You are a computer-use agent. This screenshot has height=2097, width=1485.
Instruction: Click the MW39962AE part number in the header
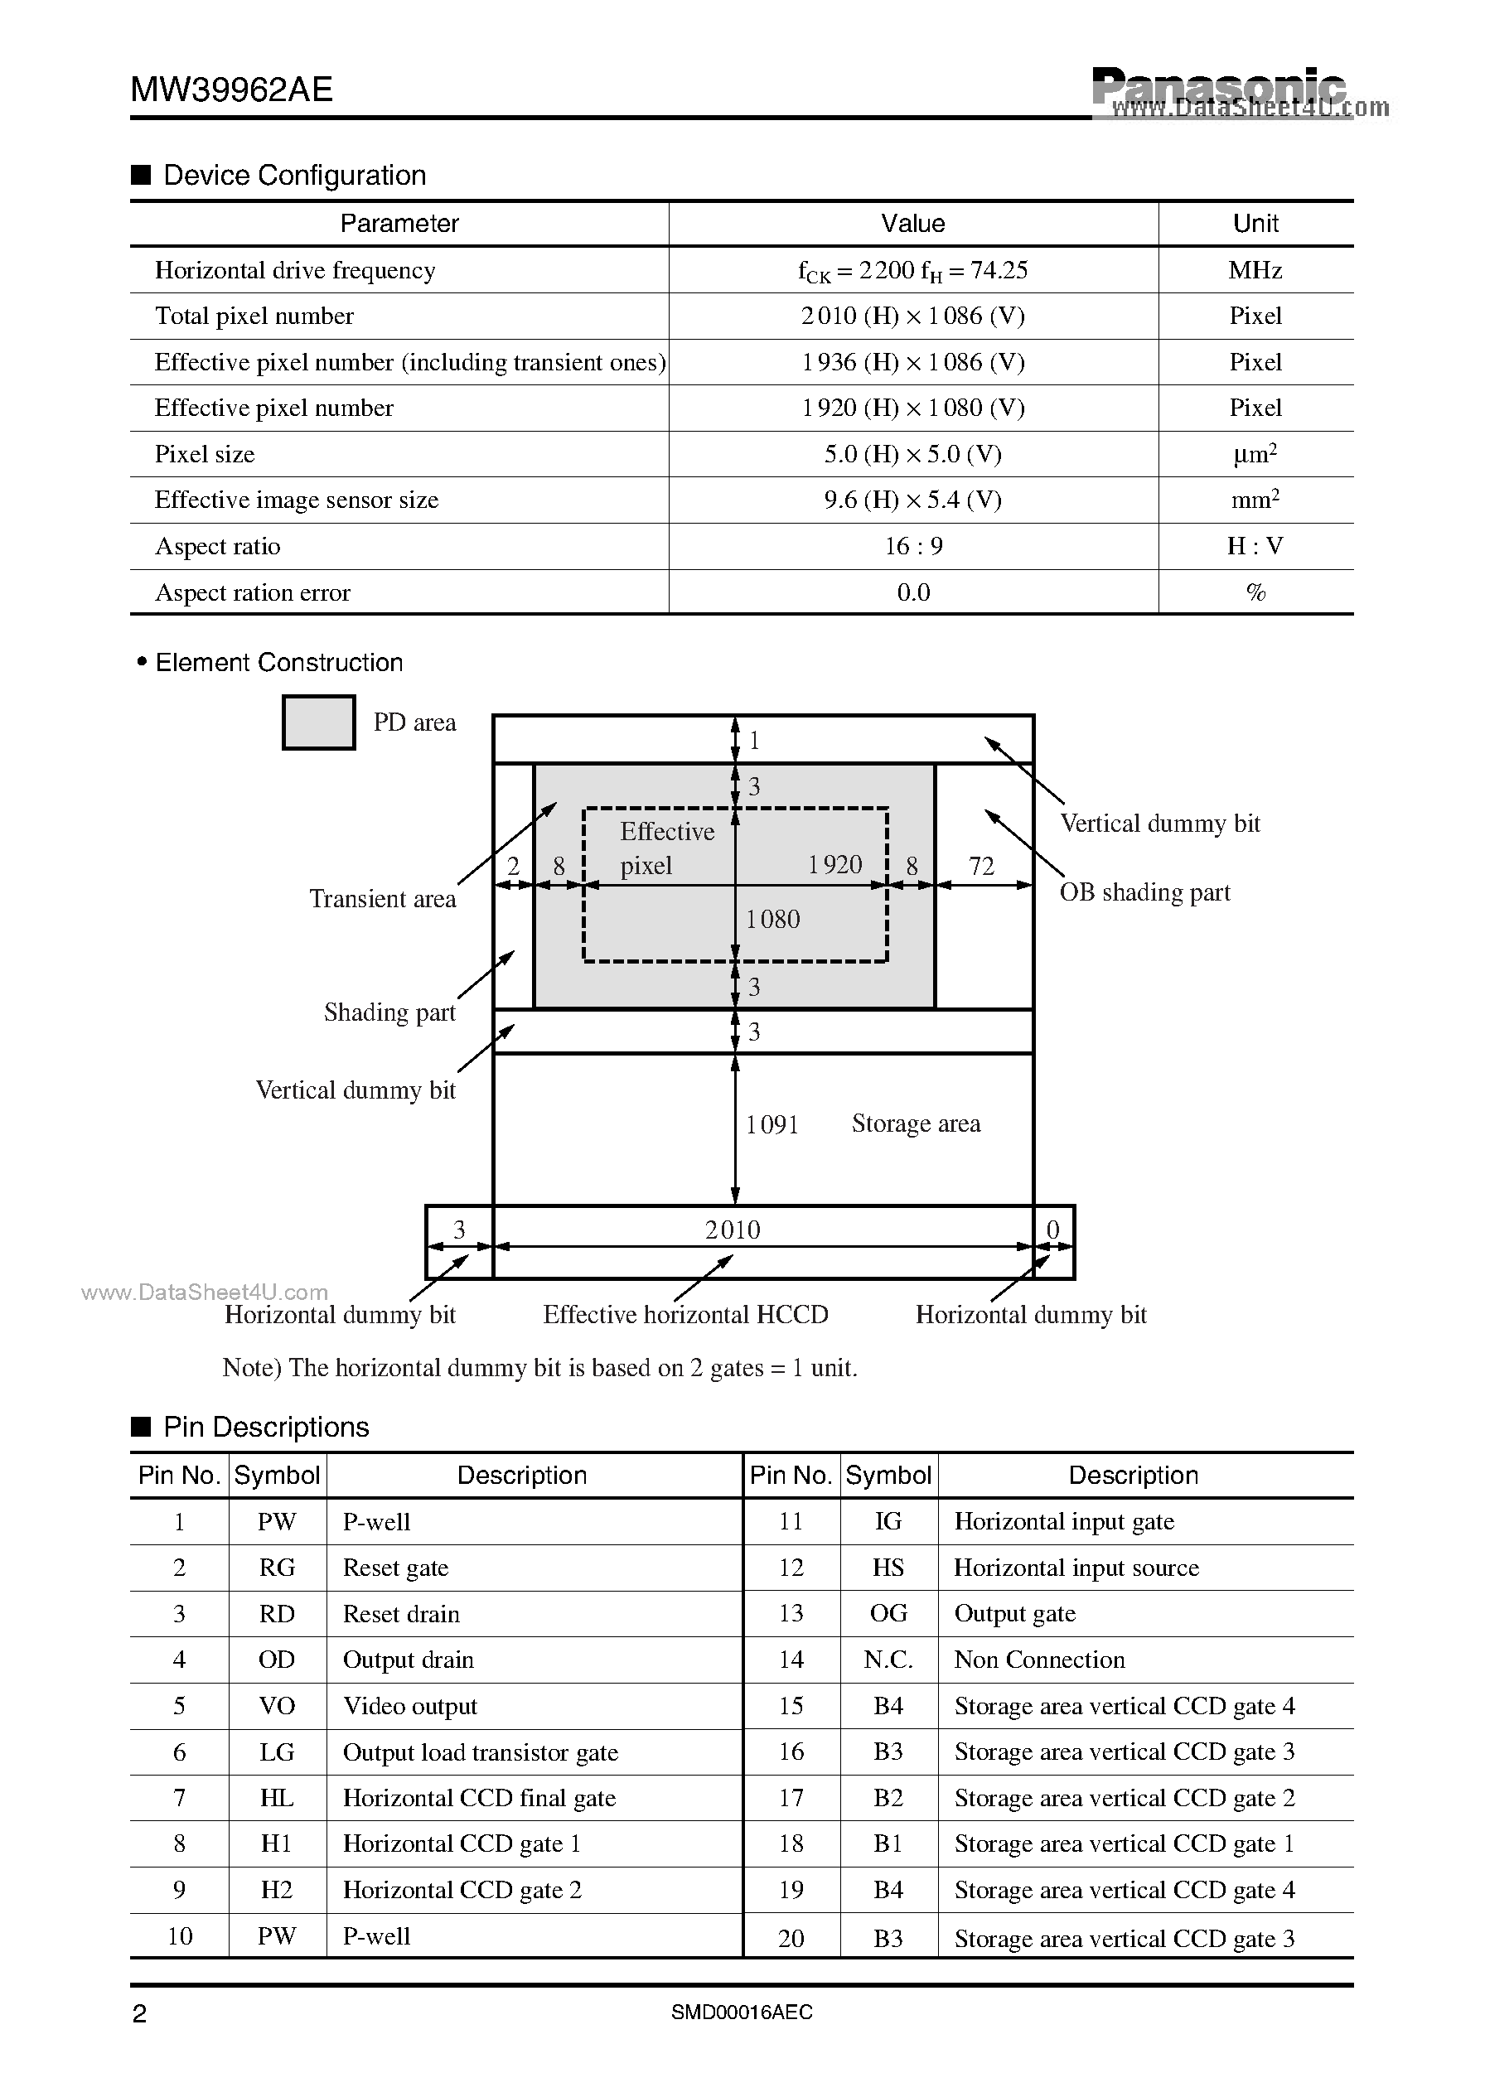[231, 89]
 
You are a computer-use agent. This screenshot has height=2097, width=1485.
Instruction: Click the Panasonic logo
[1218, 88]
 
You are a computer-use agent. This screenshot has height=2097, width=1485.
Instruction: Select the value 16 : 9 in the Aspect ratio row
[912, 547]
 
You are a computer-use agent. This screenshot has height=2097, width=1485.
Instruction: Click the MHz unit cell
[1255, 271]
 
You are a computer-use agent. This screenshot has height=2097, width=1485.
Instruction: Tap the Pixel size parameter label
[205, 454]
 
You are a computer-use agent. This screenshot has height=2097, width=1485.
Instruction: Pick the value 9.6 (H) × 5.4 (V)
[912, 500]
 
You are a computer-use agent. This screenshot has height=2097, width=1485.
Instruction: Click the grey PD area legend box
[318, 723]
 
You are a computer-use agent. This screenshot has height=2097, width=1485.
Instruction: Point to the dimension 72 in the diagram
[981, 866]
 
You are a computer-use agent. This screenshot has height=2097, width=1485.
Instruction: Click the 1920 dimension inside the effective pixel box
[834, 865]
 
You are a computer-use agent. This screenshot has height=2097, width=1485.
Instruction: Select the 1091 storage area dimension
[772, 1124]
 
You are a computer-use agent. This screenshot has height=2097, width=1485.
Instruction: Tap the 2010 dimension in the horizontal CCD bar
[733, 1230]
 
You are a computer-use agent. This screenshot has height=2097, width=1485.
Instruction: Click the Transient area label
[382, 899]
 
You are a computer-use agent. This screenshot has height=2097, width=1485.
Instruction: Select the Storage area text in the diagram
[916, 1123]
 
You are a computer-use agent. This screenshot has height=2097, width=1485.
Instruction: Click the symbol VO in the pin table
[276, 1706]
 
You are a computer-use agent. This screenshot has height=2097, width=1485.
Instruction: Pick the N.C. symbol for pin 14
[888, 1660]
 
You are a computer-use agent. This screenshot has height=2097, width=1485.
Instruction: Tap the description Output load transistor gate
[480, 1752]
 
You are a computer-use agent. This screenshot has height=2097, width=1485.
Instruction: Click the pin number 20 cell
[791, 1939]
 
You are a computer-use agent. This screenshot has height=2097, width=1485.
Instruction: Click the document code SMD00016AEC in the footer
[742, 2012]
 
